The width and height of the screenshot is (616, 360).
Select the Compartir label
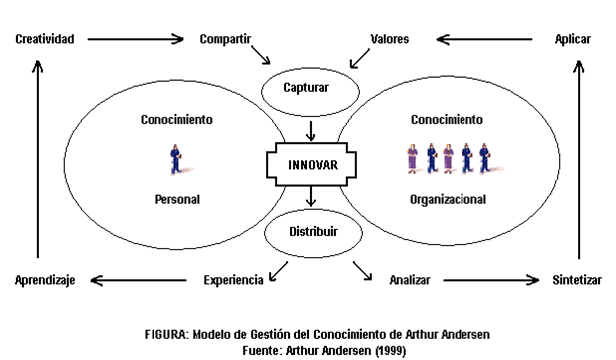(225, 39)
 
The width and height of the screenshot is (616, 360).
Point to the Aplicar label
(574, 39)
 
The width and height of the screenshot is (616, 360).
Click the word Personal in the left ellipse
(177, 199)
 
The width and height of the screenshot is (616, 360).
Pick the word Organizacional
(448, 199)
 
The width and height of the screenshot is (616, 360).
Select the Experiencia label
(233, 281)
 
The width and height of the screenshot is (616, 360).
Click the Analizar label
(410, 281)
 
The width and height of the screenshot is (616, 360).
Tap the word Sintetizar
(577, 281)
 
